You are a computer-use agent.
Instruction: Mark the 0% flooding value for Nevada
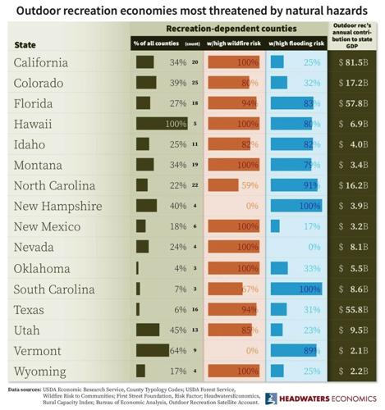(312, 247)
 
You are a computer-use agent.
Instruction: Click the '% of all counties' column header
(158, 42)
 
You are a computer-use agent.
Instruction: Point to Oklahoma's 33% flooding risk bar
(278, 267)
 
